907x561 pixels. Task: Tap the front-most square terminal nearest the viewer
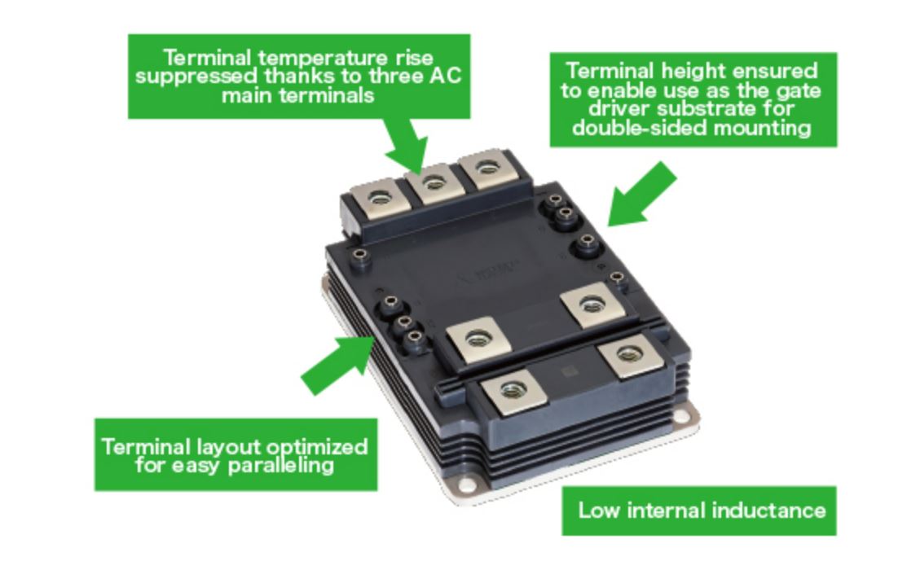pyautogui.click(x=511, y=391)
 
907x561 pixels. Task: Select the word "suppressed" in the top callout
pyautogui.click(x=195, y=76)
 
